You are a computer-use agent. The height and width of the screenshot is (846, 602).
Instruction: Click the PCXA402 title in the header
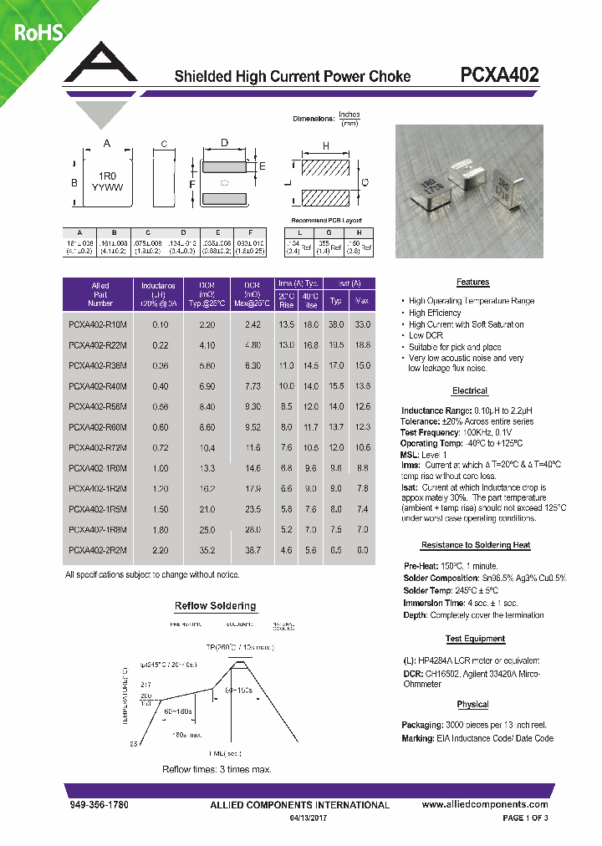coord(499,75)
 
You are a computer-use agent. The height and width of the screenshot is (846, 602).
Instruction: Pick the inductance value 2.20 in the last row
coord(161,549)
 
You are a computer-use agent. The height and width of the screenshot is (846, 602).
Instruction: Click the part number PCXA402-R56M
coord(99,406)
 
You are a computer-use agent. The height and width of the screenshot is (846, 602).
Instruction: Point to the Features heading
coord(472,283)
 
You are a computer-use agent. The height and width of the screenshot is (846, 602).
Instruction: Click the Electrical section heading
coord(469,391)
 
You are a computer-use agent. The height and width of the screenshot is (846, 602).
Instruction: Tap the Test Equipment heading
coord(474,640)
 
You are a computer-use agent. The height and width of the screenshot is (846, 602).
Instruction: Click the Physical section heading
coord(472,705)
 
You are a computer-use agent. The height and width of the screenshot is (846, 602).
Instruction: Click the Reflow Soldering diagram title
coord(215,606)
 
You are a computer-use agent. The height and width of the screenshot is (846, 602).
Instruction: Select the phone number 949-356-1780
coord(98,805)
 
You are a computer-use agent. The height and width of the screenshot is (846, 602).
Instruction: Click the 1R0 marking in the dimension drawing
coord(107,176)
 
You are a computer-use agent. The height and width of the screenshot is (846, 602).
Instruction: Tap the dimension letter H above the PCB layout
coord(325,145)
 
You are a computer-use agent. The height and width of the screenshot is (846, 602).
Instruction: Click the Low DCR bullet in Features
coord(426,335)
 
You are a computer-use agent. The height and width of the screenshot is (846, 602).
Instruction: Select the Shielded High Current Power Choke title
coord(292,77)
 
